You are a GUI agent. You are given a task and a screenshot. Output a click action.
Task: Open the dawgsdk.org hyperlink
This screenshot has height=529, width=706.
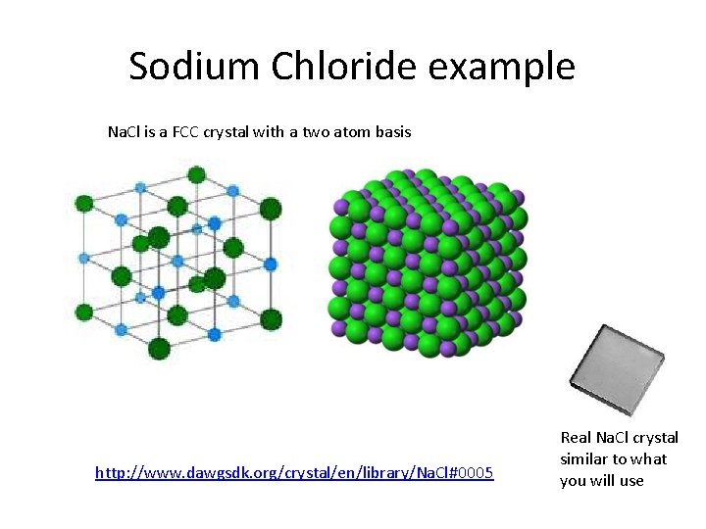click(x=294, y=473)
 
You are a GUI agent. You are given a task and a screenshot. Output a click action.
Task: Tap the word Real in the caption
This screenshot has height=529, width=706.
click(x=576, y=438)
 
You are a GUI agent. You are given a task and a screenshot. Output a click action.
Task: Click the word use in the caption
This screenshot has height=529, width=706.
click(x=631, y=480)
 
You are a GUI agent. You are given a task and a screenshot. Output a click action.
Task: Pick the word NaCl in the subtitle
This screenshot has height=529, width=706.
click(x=126, y=131)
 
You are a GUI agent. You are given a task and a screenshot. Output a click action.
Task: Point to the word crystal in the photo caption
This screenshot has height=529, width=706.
click(x=654, y=438)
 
